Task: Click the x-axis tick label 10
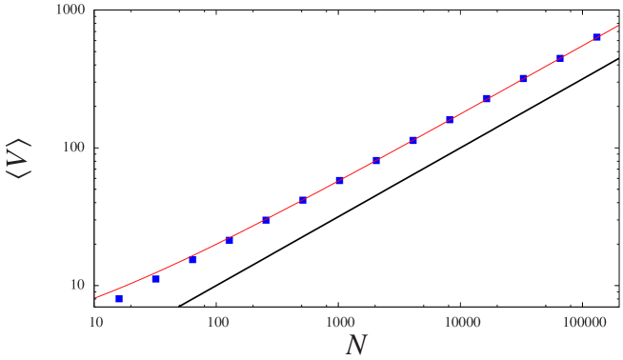[96, 323]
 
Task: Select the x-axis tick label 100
[218, 323]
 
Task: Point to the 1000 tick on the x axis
[339, 323]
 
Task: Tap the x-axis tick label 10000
[461, 323]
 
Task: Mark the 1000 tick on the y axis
[66, 10]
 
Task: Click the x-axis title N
[355, 345]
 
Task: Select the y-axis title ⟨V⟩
[21, 158]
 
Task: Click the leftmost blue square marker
[119, 299]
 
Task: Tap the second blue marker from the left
[156, 279]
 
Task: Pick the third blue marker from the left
[192, 260]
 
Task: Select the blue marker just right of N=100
[229, 240]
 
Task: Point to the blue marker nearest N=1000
[339, 180]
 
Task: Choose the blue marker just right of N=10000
[486, 98]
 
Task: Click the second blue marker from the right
[560, 58]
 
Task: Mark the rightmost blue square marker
[596, 37]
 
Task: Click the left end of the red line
[96, 297]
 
